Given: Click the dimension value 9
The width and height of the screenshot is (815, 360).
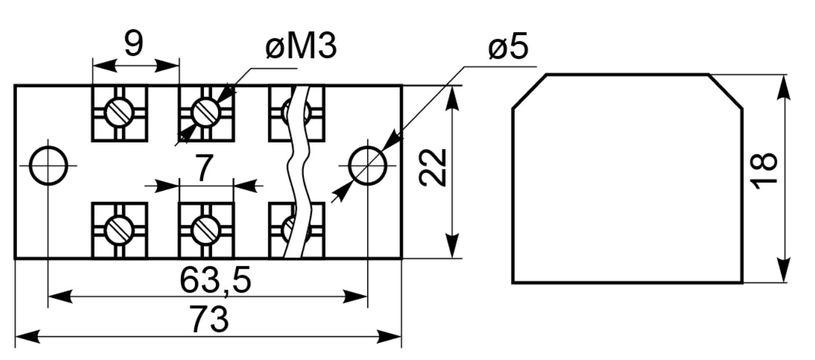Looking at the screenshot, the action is click(134, 43).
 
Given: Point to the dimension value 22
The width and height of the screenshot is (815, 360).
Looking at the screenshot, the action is click(432, 167).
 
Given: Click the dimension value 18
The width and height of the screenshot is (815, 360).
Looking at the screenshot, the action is click(763, 171).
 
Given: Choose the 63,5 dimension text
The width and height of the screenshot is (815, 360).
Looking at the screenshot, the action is click(215, 280).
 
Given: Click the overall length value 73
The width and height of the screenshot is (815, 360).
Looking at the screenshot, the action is click(210, 319).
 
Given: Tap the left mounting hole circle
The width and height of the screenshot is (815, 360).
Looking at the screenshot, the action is click(48, 147).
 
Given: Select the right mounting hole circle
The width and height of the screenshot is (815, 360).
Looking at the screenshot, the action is click(367, 147).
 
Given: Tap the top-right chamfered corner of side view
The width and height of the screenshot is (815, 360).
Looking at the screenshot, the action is click(726, 91).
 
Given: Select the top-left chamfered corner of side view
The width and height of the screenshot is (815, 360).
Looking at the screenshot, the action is click(529, 91).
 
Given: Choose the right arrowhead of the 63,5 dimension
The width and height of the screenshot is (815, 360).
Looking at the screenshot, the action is click(355, 297).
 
